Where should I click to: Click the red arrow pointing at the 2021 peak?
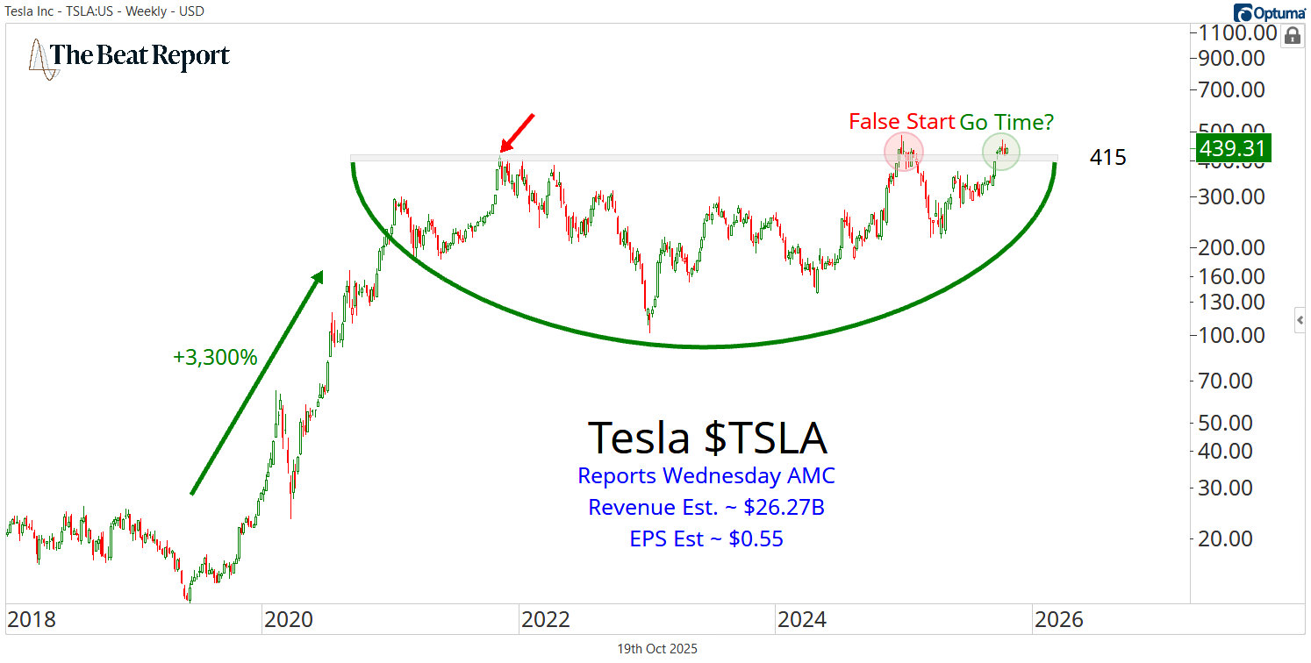point(517,132)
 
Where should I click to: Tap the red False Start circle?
point(903,151)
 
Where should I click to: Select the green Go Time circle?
point(1000,152)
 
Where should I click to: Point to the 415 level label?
point(1107,158)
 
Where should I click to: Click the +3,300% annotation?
point(215,358)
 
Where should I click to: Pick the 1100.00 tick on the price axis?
point(1233,33)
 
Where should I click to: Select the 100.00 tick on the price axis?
point(1233,335)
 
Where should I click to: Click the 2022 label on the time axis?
point(545,620)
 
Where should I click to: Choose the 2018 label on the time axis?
point(32,620)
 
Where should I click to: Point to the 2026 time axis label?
point(1057,620)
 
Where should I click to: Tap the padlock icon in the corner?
point(1292,36)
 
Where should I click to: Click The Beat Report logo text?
point(140,57)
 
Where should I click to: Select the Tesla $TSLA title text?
point(706,437)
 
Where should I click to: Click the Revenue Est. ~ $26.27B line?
point(706,507)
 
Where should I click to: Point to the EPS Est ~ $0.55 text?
point(706,538)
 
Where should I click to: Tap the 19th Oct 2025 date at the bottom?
point(657,649)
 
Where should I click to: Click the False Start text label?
point(901,122)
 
